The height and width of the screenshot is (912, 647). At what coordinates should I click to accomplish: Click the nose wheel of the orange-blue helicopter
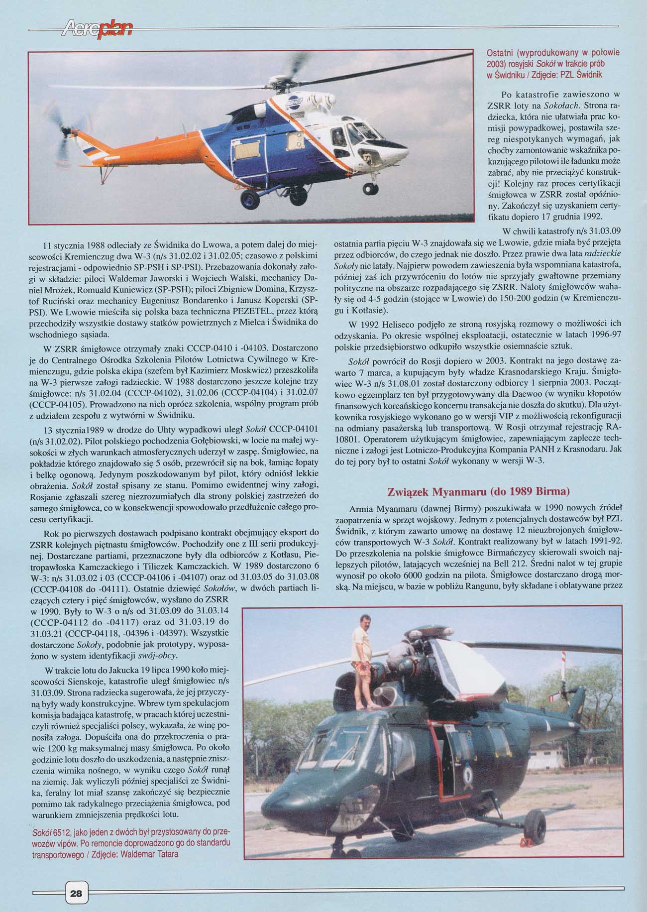[x=370, y=188]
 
